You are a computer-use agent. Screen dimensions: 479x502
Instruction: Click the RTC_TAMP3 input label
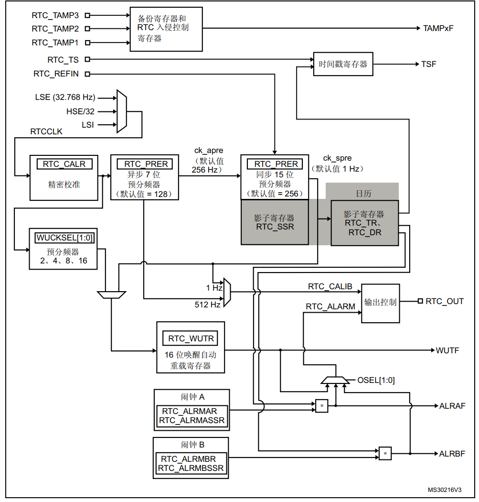click(55, 15)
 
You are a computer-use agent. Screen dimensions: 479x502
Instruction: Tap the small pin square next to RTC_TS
click(87, 59)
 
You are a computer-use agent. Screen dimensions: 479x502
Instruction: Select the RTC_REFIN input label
click(56, 74)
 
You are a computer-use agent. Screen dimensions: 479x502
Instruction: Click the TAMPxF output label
click(438, 28)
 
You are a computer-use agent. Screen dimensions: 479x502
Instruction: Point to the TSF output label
click(428, 64)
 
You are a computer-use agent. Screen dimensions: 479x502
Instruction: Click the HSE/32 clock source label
click(80, 111)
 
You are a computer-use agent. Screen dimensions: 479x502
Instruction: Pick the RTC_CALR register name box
click(64, 164)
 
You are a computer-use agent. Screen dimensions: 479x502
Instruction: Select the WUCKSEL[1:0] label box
click(64, 238)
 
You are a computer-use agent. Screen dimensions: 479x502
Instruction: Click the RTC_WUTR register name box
click(191, 338)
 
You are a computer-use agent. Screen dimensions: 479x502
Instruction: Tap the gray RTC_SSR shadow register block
click(275, 222)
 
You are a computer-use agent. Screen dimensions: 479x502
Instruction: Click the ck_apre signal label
click(209, 151)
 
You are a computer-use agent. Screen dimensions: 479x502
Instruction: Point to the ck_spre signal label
click(337, 158)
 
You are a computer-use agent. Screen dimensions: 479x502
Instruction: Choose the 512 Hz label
click(208, 305)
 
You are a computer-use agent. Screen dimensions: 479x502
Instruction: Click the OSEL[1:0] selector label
click(376, 380)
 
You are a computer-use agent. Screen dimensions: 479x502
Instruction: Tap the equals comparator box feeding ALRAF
click(322, 405)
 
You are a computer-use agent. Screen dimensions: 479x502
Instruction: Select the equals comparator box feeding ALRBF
click(385, 453)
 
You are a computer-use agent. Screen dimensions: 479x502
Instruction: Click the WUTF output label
click(447, 350)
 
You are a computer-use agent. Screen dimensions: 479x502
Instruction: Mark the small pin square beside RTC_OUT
click(420, 301)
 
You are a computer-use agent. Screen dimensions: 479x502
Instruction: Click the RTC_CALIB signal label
click(330, 286)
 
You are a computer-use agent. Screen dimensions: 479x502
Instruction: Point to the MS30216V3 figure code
click(445, 490)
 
